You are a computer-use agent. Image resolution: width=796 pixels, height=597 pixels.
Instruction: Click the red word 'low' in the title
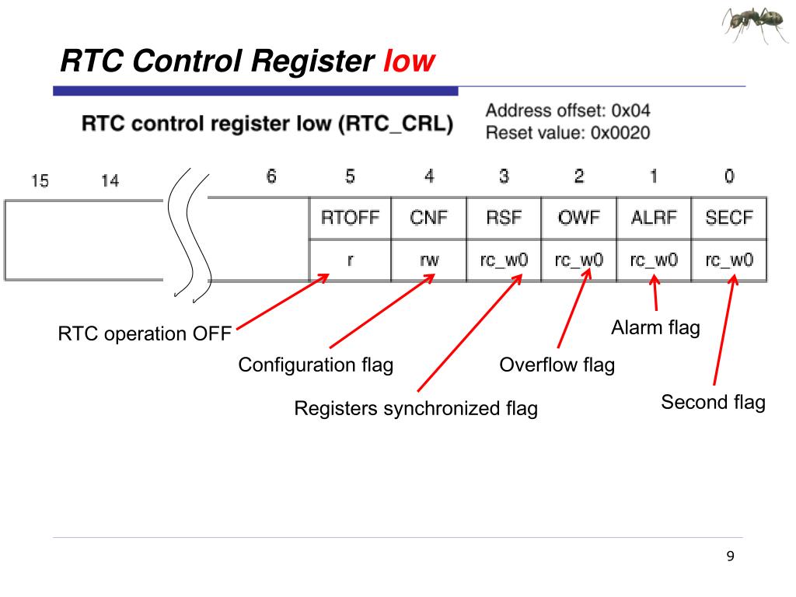tap(409, 61)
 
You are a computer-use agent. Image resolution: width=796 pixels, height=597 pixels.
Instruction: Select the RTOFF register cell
tap(350, 218)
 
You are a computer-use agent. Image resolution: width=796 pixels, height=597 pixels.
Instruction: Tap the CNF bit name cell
tap(429, 218)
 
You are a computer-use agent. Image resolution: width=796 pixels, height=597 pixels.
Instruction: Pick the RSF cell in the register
tap(504, 218)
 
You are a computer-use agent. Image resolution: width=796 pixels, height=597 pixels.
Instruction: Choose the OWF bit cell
tap(579, 218)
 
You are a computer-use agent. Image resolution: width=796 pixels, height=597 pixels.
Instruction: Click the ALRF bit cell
tap(654, 218)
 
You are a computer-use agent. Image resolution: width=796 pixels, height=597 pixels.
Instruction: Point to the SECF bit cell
tap(729, 218)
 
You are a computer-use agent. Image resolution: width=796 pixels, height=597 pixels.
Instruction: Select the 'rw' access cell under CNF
tap(429, 260)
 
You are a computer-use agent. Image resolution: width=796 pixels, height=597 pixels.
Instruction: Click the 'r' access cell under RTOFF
tap(350, 260)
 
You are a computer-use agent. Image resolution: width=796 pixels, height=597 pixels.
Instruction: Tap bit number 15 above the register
tap(40, 181)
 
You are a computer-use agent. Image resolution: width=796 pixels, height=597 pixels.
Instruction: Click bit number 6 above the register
tap(271, 177)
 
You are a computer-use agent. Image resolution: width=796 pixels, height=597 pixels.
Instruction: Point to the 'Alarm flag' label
tap(655, 328)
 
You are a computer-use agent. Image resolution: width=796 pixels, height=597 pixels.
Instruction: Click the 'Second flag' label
tap(713, 403)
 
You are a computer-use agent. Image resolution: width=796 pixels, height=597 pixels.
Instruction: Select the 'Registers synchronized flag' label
tap(415, 409)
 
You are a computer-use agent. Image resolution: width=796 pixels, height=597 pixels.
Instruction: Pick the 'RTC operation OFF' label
tap(145, 335)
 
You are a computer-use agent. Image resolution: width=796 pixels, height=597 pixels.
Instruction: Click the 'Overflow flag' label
tap(557, 365)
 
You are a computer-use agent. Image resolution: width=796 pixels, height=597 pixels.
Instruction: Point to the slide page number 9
tap(729, 557)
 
